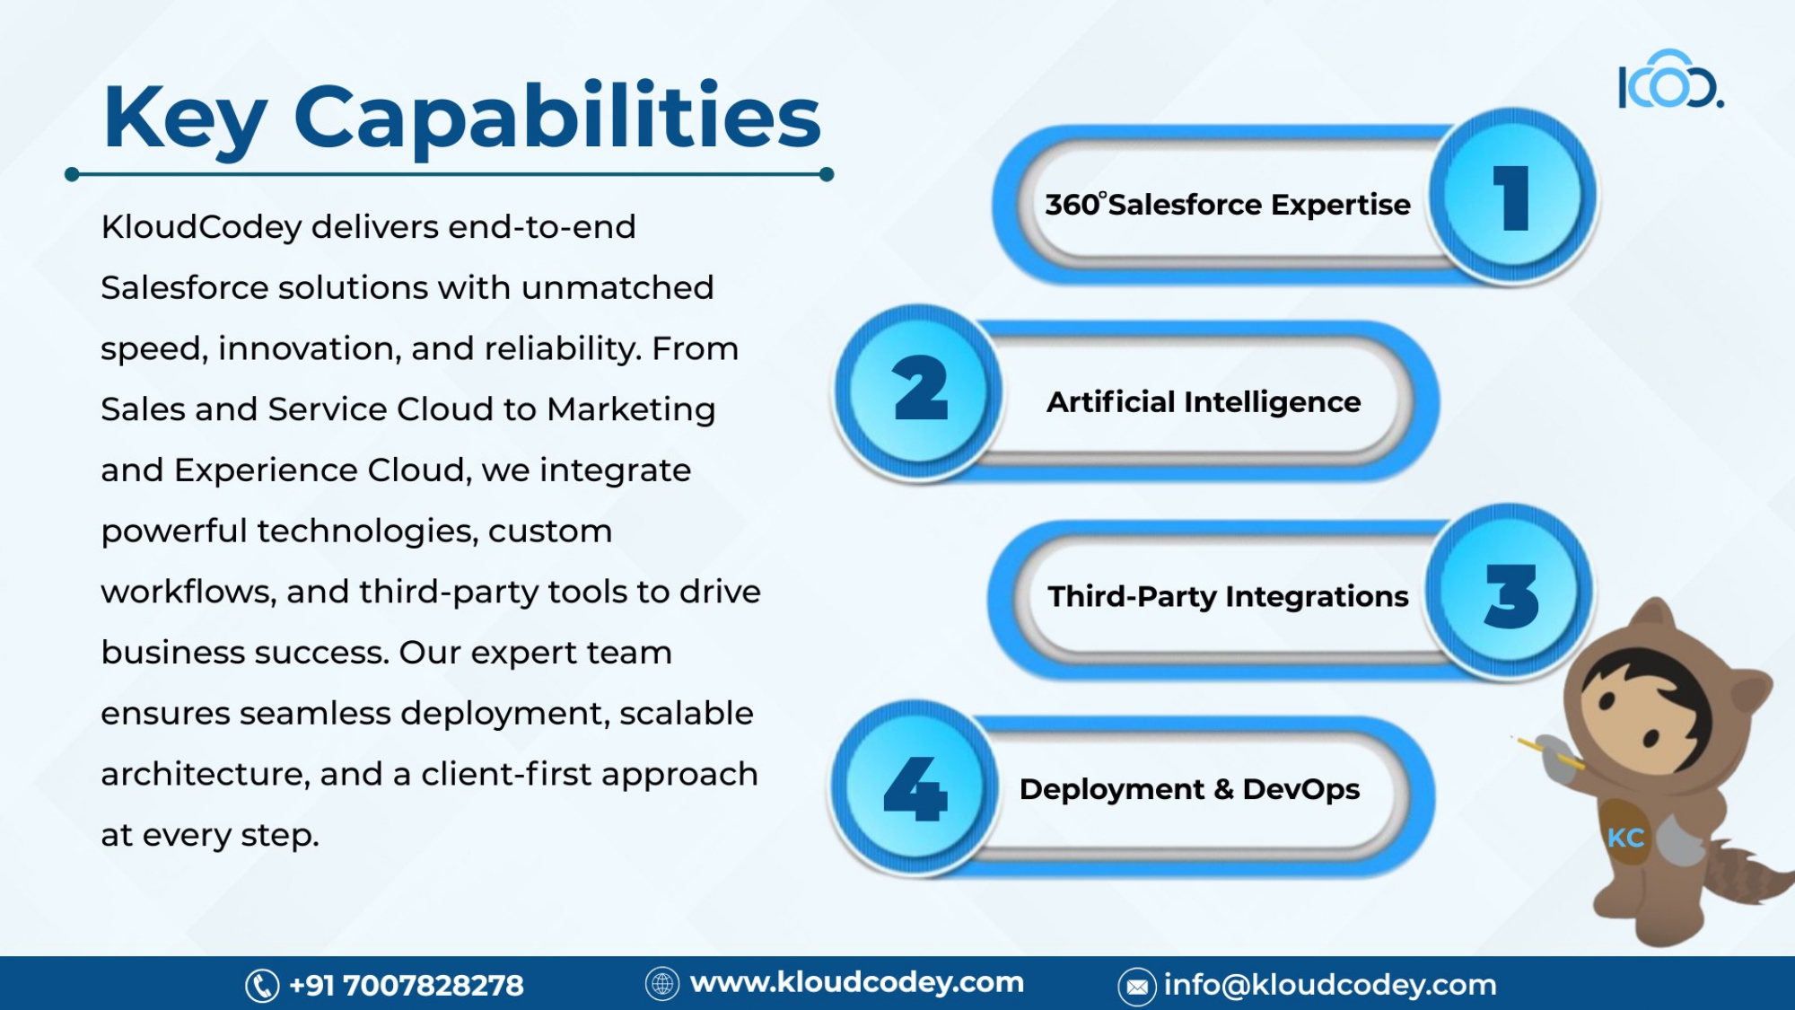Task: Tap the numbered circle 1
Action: (1512, 196)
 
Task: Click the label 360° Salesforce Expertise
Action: (1227, 205)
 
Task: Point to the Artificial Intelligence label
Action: (1204, 402)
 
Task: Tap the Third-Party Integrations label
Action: (1228, 596)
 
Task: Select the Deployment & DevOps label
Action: (1189, 789)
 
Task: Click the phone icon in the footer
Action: (262, 986)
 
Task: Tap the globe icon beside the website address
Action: (662, 984)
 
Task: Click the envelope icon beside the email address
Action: (1136, 987)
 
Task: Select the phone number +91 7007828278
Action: (406, 986)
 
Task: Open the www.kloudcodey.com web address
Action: (857, 982)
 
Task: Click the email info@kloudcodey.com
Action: (1330, 985)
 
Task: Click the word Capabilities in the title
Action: (557, 117)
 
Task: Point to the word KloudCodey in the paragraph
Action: (201, 228)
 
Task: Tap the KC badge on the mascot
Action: (1625, 838)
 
